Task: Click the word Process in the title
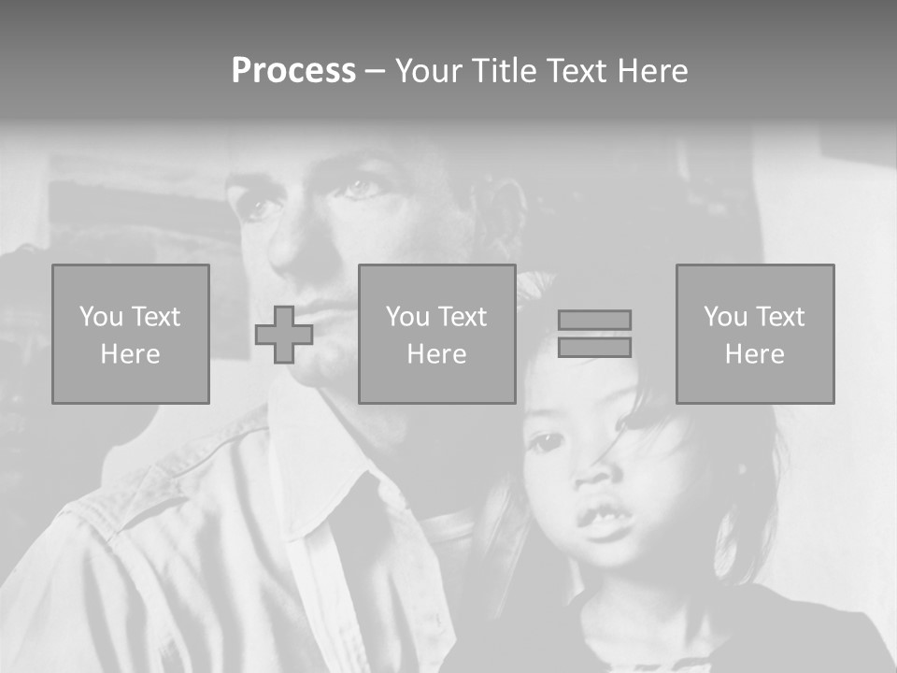coord(293,71)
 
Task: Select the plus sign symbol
coord(284,335)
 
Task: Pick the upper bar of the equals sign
coord(594,320)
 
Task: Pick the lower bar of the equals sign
coord(594,347)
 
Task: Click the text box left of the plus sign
coord(131,335)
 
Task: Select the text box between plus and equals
coord(436,335)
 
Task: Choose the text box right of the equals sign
coord(755,335)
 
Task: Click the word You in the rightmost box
coord(725,317)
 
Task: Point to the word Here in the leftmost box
coord(131,354)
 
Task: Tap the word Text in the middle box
coord(463,317)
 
